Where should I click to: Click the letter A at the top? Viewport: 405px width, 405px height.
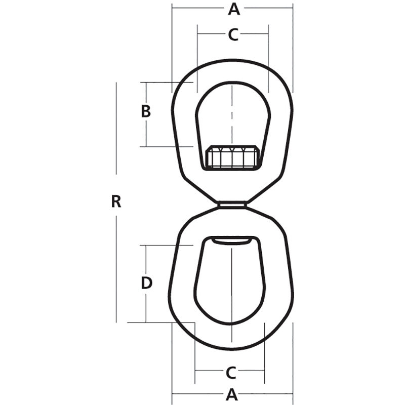(232, 9)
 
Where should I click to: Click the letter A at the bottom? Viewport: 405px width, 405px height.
(232, 394)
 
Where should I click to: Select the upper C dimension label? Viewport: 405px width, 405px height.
(232, 34)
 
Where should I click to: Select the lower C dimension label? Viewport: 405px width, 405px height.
(231, 373)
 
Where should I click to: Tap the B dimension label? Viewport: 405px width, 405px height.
(146, 111)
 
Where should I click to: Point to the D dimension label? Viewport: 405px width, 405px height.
(146, 283)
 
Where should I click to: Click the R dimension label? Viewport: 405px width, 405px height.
(116, 202)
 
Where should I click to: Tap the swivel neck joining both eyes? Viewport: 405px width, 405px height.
(232, 205)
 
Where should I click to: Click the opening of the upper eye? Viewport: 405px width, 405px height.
(232, 114)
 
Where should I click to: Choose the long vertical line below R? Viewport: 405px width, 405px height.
(116, 268)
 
